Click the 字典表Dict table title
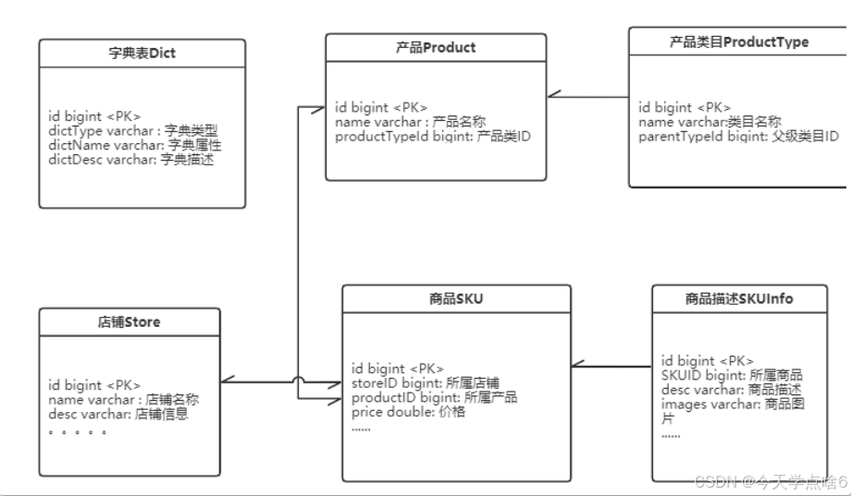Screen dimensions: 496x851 click(x=142, y=54)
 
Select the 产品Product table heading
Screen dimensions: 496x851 click(x=435, y=48)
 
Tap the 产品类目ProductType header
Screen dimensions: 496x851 click(x=738, y=42)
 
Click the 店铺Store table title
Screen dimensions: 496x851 click(x=129, y=322)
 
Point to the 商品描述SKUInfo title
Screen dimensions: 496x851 click(x=739, y=298)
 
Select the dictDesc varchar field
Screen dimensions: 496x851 click(x=134, y=159)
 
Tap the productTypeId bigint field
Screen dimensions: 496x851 click(x=433, y=136)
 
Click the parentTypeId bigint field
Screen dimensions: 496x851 click(x=738, y=136)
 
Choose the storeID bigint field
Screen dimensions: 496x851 click(x=425, y=382)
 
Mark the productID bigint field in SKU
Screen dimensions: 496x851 click(x=434, y=397)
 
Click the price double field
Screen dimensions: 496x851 click(x=408, y=412)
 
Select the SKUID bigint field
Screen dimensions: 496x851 click(x=731, y=375)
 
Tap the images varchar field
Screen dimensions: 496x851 click(x=731, y=405)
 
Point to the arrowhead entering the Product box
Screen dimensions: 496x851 click(x=552, y=93)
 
